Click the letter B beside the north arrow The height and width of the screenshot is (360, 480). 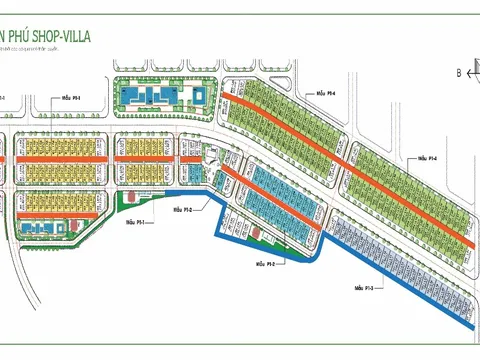[x=457, y=73]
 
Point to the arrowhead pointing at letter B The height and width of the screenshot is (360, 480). [x=473, y=73]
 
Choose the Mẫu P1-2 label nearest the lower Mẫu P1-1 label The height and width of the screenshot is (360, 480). [x=181, y=210]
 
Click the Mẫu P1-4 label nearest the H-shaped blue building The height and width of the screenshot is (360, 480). [x=325, y=92]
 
